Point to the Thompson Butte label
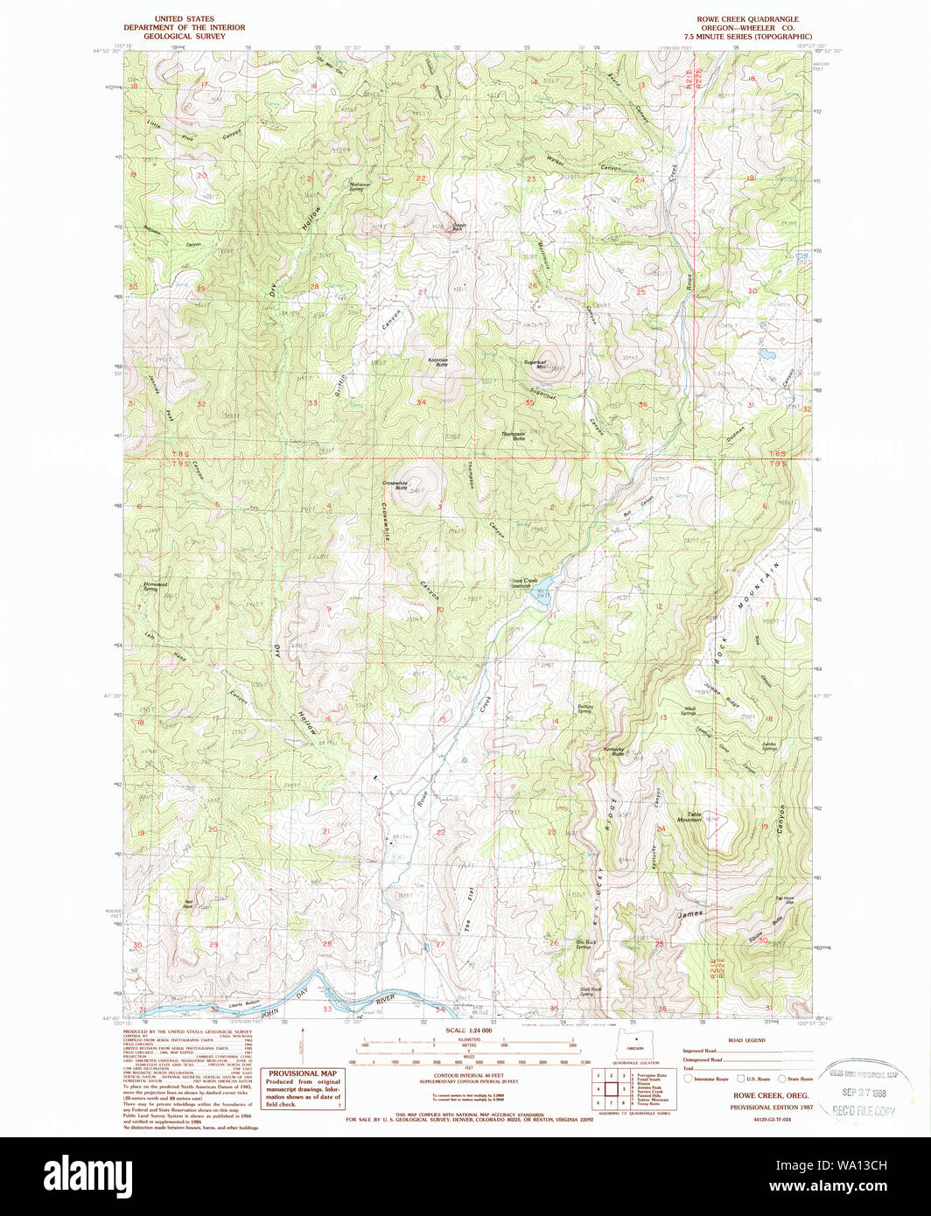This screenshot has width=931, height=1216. click(513, 434)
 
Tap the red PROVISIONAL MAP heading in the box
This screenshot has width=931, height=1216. click(303, 1073)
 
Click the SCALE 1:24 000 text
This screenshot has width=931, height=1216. click(470, 1031)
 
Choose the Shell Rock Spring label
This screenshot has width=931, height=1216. click(591, 991)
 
